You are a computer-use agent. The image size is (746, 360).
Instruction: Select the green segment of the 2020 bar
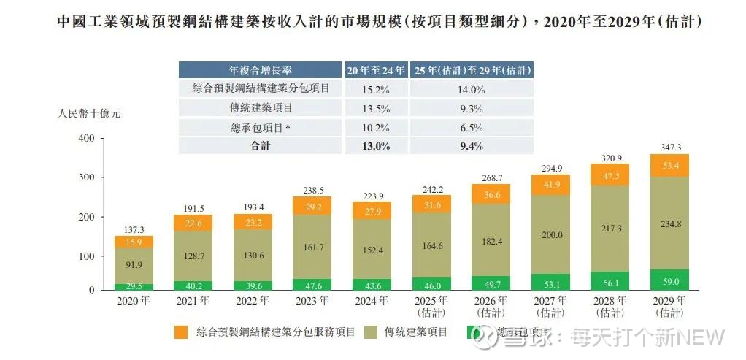pos(133,286)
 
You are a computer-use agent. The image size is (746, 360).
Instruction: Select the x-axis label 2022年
pos(253,301)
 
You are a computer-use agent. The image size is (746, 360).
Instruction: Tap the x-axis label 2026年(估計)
pos(491,306)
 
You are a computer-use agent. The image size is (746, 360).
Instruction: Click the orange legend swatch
pos(180,332)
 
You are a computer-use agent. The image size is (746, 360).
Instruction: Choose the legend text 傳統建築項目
pos(412,332)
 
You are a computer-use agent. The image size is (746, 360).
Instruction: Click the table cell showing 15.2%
pos(374,89)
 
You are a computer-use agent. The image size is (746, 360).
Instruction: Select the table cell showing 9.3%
pos(472,108)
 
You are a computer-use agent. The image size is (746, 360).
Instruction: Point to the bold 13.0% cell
pos(374,145)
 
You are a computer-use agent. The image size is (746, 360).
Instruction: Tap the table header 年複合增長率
pos(261,70)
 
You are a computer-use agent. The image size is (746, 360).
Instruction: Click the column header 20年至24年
pos(375,70)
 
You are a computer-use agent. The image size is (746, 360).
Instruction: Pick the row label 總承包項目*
pos(261,127)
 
